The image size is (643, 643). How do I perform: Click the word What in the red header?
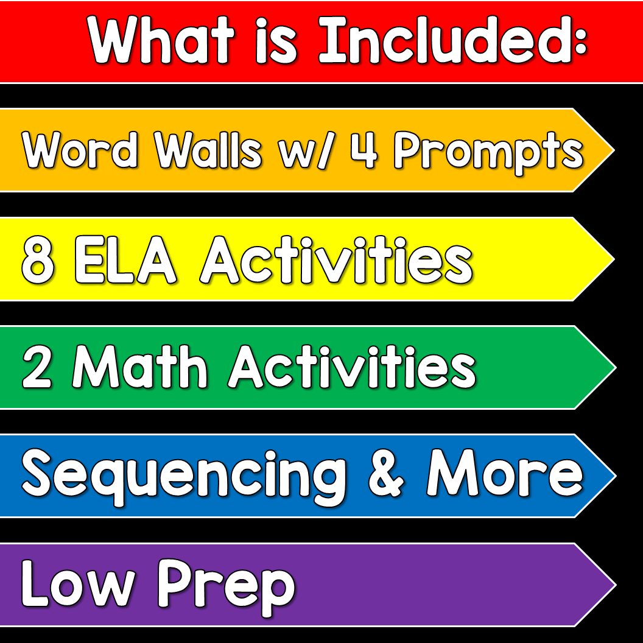point(161,40)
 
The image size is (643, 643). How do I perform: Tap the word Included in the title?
point(445,40)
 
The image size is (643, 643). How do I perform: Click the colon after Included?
point(580,43)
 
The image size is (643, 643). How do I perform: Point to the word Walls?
point(208,150)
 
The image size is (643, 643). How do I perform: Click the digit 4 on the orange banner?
point(364,150)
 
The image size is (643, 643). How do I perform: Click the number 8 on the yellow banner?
point(38,260)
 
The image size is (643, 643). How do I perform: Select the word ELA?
point(126,260)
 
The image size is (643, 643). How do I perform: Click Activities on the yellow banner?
point(336,260)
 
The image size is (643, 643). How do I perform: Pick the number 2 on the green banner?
point(37,366)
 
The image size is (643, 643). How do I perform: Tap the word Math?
point(140,366)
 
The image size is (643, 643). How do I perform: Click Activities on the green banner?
point(352,366)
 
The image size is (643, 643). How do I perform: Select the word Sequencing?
point(184,477)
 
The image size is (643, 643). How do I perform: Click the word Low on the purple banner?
point(78,583)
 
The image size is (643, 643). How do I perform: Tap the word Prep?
point(227,587)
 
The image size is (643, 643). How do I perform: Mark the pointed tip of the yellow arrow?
point(614,259)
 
